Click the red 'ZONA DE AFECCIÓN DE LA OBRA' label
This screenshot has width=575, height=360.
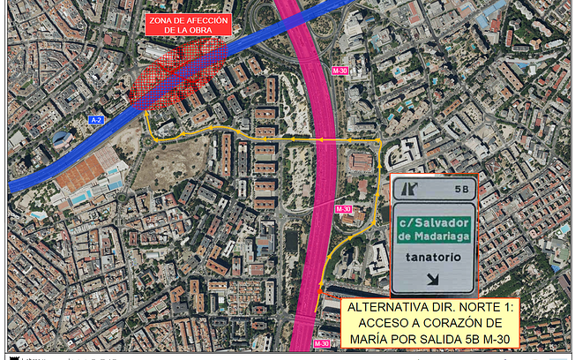click(x=188, y=25)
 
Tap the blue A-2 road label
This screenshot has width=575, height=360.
click(x=97, y=118)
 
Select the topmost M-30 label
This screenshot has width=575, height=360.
click(x=340, y=70)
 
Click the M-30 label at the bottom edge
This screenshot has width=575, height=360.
click(x=322, y=343)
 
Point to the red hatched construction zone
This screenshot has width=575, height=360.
click(x=176, y=75)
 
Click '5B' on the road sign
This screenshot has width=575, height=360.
click(x=460, y=189)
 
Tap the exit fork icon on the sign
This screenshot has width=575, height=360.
click(x=408, y=188)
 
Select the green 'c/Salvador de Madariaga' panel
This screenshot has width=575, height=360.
click(x=433, y=229)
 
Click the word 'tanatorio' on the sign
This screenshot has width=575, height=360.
click(x=432, y=258)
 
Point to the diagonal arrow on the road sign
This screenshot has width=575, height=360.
click(x=433, y=280)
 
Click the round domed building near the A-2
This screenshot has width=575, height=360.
click(x=63, y=139)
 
